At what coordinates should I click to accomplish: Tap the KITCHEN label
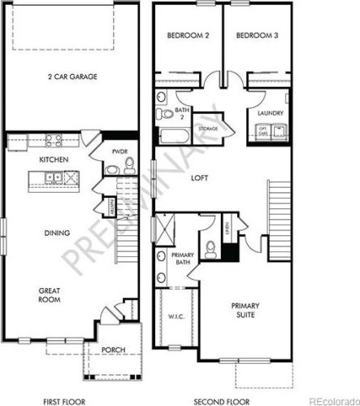53,159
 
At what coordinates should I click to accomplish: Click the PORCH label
113,350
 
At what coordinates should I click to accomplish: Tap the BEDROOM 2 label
189,36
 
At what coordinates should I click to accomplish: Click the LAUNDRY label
268,113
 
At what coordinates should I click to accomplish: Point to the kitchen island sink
53,177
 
